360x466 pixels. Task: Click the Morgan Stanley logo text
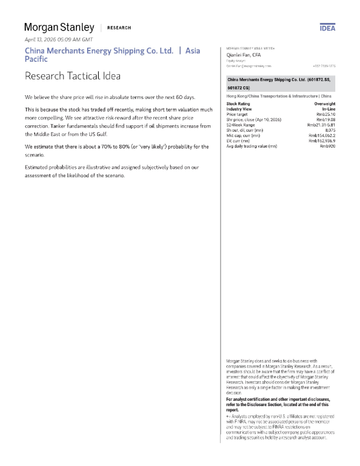pyautogui.click(x=59, y=27)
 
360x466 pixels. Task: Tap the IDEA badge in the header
pyautogui.click(x=328, y=28)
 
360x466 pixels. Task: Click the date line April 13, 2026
pyautogui.click(x=59, y=39)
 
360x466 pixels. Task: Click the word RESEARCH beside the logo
pyautogui.click(x=119, y=28)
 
